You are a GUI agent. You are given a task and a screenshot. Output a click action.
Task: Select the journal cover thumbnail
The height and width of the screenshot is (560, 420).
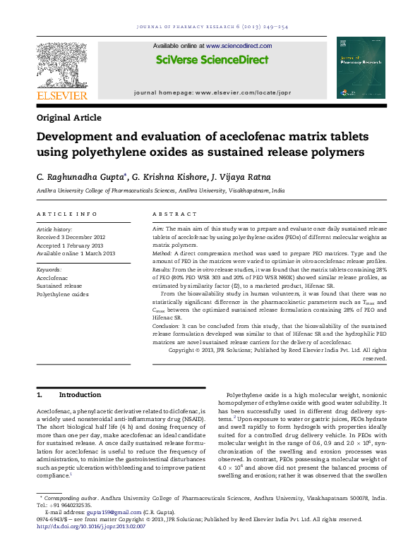[361, 68]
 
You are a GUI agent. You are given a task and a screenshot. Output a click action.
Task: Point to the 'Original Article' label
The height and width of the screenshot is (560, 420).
[68, 118]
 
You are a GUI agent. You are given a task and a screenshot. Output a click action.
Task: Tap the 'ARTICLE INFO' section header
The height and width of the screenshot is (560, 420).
[66, 214]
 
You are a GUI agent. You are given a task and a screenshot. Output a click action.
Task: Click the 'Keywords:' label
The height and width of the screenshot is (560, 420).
[49, 270]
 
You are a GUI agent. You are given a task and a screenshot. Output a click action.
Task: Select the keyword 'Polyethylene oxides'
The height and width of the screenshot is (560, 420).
[63, 295]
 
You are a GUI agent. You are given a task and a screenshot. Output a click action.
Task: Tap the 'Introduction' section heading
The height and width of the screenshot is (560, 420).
[80, 395]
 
